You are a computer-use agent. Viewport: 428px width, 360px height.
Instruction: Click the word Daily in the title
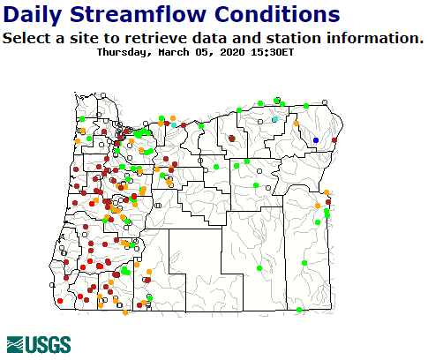point(34,14)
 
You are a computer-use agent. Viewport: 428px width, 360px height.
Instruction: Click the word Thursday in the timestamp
point(124,51)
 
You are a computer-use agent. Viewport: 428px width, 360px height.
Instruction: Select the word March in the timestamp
point(176,51)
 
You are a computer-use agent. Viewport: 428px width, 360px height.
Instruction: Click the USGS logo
point(33,344)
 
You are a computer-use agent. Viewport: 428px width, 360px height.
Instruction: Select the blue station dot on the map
point(316,140)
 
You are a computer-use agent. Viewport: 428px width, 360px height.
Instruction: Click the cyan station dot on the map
point(275,119)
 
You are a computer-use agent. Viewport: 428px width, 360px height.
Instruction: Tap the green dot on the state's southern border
point(299,309)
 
